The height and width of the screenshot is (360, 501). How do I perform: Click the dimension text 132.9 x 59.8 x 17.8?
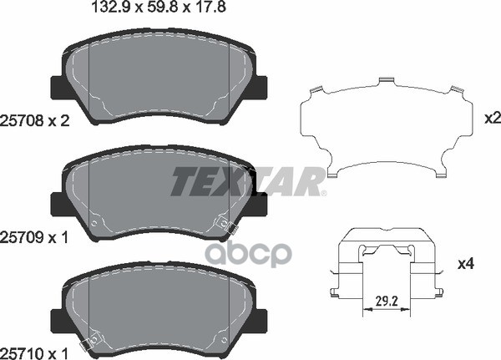[159, 7]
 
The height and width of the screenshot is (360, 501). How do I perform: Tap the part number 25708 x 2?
[35, 121]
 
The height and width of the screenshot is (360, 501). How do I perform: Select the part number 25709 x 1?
[34, 237]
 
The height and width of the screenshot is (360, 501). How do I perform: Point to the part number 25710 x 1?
[34, 353]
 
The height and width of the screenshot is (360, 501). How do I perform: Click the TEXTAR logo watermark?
[248, 181]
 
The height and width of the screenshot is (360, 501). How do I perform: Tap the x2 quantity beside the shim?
[493, 119]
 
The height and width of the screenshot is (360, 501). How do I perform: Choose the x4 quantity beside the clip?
[466, 264]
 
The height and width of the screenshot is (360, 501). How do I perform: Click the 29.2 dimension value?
[387, 302]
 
